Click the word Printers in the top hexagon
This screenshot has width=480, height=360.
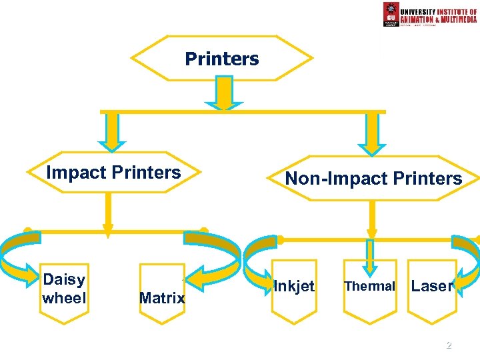[222, 59]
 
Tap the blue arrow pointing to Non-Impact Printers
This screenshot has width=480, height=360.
[371, 133]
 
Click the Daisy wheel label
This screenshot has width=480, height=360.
[64, 289]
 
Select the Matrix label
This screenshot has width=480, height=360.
[162, 298]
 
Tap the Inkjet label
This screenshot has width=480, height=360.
[294, 286]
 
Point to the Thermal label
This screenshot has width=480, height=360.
[369, 286]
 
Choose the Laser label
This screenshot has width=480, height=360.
[432, 286]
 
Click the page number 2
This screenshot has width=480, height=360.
[449, 345]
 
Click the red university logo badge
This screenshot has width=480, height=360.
[391, 14]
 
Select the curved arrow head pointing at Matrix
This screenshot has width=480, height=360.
[195, 273]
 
